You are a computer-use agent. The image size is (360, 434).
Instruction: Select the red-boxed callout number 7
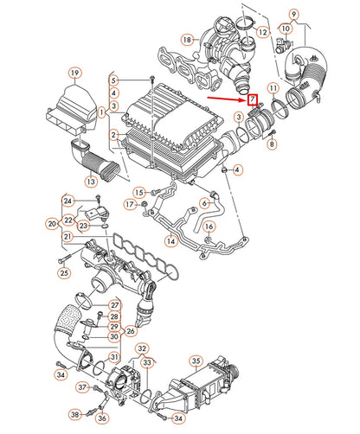252,107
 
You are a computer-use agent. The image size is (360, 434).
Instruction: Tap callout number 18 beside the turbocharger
186,40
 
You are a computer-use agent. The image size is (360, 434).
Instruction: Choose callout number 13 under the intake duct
91,182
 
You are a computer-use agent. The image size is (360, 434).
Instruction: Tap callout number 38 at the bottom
74,415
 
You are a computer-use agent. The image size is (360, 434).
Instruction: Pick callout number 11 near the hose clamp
273,89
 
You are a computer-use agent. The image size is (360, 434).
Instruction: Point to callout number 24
66,201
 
